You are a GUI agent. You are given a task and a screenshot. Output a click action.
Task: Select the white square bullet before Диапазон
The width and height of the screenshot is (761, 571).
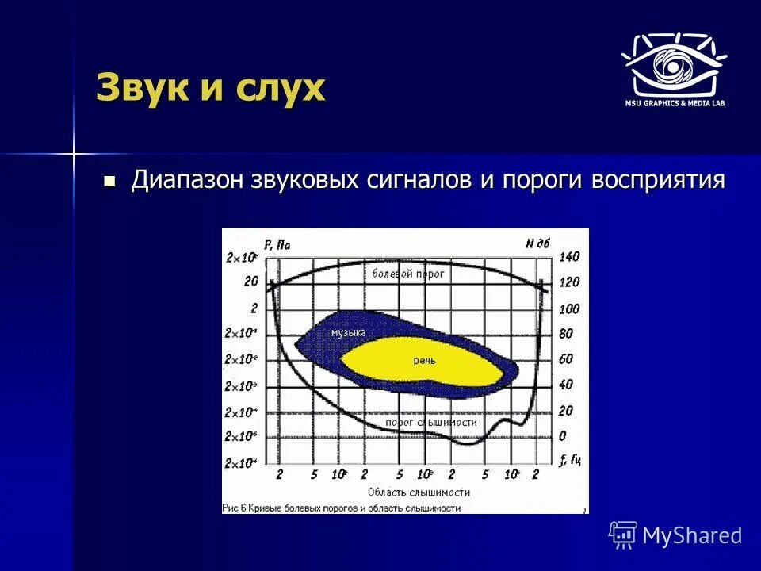click(109, 181)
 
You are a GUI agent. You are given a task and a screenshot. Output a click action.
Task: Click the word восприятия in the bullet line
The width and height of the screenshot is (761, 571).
click(658, 180)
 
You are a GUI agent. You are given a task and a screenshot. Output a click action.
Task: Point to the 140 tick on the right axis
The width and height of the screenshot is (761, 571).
click(570, 256)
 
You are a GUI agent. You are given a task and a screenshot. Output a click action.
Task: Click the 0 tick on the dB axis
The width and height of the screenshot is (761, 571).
click(563, 436)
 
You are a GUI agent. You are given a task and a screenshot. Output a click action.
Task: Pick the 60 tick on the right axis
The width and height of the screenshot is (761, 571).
click(566, 358)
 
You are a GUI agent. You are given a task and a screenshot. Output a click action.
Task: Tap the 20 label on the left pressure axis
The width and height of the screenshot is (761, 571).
click(251, 282)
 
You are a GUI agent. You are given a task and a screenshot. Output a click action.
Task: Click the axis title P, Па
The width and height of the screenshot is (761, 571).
click(277, 245)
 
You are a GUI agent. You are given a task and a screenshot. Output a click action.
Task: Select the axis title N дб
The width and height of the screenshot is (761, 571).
click(537, 244)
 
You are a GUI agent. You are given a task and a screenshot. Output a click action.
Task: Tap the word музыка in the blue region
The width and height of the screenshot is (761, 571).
click(348, 333)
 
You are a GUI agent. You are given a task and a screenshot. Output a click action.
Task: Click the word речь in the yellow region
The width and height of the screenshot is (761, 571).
click(424, 360)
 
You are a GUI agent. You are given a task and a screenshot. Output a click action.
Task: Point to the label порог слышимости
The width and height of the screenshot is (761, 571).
click(431, 423)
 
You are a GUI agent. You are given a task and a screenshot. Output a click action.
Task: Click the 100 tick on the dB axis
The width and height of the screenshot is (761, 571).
click(570, 308)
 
